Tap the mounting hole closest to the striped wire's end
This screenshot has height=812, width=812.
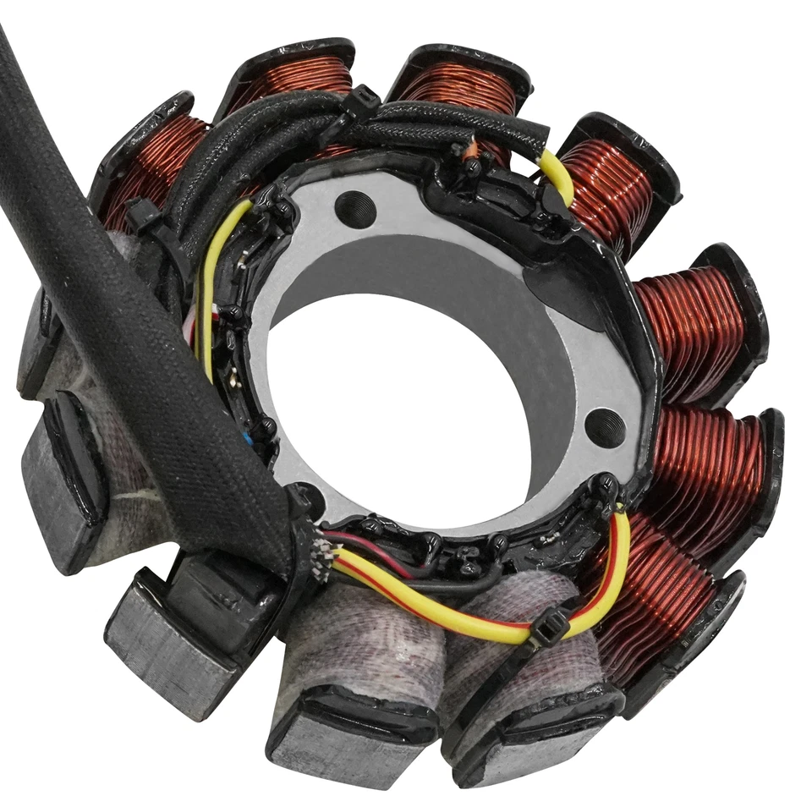pos(606,427)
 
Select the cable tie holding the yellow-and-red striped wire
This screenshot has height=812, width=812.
pos(549,630)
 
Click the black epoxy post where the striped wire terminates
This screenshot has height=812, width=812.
pos(607,489)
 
